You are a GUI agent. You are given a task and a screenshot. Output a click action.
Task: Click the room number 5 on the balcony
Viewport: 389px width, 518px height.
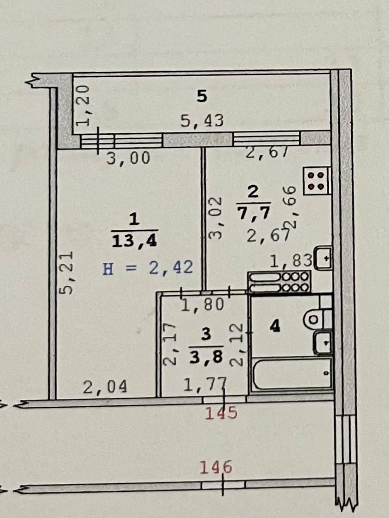202,96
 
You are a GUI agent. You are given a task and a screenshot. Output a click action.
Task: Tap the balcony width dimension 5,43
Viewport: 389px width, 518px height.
202,120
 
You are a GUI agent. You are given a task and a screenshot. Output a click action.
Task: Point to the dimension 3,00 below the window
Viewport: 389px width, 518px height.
128,158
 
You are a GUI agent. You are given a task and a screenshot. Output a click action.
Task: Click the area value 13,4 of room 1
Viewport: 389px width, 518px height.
134,241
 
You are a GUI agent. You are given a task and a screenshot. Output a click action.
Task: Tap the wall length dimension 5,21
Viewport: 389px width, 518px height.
66,273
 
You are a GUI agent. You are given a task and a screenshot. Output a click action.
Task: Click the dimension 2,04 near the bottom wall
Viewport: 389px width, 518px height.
105,387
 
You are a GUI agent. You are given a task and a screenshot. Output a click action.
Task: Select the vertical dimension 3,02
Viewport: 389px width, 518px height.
215,218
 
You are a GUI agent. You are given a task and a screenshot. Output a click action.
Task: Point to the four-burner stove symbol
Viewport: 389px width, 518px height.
317,181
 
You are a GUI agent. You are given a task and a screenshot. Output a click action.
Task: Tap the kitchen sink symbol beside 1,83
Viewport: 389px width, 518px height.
324,258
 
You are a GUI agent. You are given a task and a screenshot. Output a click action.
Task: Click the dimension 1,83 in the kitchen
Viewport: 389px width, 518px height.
291,261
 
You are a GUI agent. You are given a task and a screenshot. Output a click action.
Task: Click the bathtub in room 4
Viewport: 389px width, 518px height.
292,373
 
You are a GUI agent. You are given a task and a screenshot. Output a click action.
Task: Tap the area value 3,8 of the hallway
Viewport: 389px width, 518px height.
206,357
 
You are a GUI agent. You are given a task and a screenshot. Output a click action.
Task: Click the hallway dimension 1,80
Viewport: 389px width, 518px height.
203,304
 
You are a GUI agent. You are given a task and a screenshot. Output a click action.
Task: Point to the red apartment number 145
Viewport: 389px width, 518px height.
221,413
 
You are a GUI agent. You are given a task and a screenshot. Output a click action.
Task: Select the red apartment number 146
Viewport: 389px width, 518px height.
215,467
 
